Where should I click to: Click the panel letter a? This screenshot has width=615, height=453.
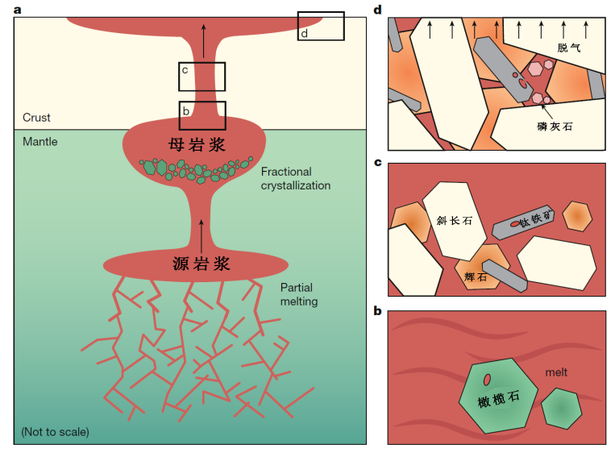[18, 8]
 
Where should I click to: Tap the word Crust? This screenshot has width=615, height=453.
[36, 118]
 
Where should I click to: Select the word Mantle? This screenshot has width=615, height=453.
[39, 142]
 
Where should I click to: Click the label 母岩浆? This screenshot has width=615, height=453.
[192, 145]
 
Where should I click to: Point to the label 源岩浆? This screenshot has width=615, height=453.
[202, 264]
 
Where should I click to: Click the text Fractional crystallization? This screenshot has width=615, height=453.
[296, 179]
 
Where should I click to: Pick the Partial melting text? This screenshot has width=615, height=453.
[299, 295]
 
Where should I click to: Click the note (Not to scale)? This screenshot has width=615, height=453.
[56, 432]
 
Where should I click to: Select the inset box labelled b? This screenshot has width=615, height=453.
[202, 115]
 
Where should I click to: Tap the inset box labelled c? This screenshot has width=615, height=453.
[202, 77]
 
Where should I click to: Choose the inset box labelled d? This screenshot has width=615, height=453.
[321, 26]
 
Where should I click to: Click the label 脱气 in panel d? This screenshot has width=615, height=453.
[568, 48]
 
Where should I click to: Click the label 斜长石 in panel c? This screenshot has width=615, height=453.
[453, 220]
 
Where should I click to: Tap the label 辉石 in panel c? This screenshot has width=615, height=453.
[476, 276]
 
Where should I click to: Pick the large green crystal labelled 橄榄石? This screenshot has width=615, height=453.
[495, 395]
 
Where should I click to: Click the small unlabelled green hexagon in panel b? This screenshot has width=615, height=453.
[561, 408]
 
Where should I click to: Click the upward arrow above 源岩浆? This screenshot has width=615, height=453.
[202, 230]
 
